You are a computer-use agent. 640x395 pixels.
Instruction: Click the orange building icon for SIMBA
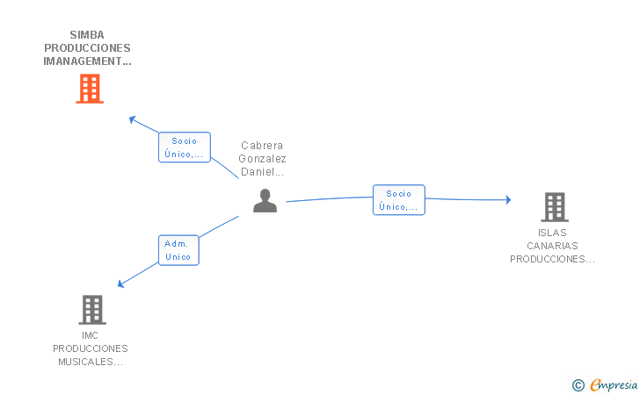[x=90, y=89]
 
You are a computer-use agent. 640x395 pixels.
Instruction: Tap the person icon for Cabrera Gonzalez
[x=265, y=200]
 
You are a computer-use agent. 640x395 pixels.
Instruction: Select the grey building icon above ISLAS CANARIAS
[x=555, y=206]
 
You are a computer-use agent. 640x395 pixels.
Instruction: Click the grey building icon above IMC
[x=92, y=310]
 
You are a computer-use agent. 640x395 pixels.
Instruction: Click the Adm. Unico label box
[x=178, y=250]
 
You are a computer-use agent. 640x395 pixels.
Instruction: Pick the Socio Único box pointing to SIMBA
[x=185, y=147]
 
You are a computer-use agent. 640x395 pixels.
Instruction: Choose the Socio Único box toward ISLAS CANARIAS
[x=399, y=200]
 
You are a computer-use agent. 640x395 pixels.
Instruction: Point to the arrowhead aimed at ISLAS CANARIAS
[x=508, y=200]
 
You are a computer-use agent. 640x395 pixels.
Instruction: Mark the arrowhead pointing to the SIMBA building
[x=132, y=119]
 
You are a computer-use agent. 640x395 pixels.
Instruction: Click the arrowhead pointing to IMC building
[x=120, y=284]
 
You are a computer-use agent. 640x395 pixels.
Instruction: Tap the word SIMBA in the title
[x=87, y=35]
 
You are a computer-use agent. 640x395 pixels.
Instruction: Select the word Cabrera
[x=262, y=146]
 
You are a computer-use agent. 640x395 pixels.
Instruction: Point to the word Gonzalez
[x=262, y=159]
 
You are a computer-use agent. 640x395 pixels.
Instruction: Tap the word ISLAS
[x=552, y=233]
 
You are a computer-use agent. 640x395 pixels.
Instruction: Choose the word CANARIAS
[x=552, y=246]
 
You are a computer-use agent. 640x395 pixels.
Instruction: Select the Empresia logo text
[x=614, y=384]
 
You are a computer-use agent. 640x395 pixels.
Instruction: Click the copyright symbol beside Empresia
[x=578, y=385]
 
